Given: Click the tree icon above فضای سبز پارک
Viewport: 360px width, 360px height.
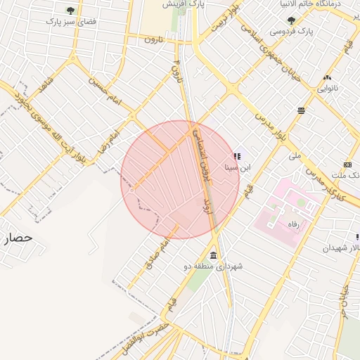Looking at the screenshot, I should pos(70,11).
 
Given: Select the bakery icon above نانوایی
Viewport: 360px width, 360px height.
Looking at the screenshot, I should pos(327,78).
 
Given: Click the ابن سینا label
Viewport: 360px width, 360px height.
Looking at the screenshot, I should pos(236,168).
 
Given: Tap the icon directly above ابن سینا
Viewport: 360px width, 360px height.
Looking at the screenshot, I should pos(236,156).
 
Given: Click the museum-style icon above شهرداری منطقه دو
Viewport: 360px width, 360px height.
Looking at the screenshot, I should pos(213,255).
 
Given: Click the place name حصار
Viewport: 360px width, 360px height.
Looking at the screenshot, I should pos(17,238).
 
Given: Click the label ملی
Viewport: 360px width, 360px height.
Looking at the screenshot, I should pos(295,155).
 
